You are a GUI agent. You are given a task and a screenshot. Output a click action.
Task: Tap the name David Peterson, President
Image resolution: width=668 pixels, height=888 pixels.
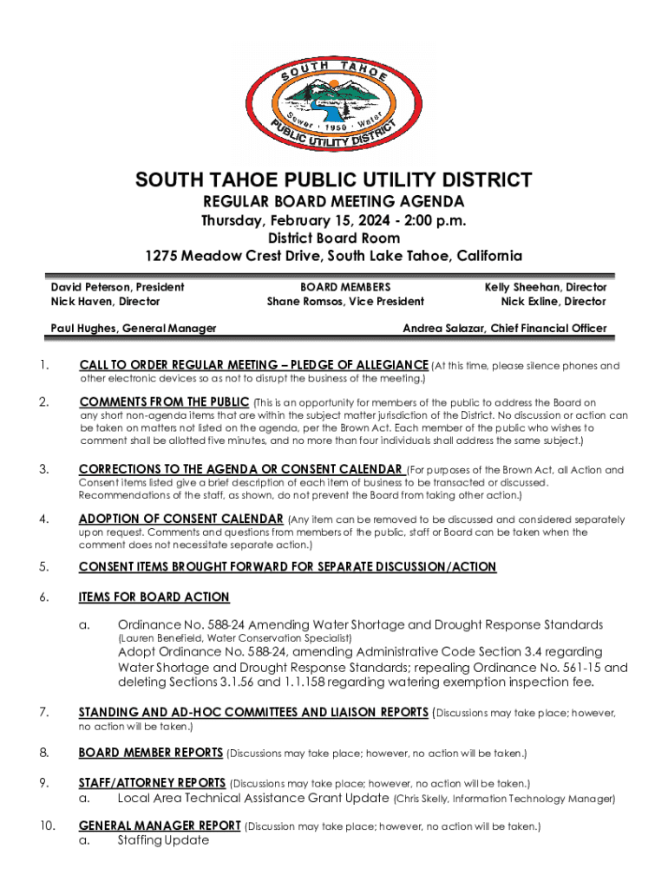(117, 287)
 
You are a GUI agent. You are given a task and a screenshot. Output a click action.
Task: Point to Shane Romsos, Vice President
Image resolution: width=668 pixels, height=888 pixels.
(345, 302)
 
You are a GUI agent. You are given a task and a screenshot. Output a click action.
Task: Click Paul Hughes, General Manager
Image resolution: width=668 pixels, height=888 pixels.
(133, 329)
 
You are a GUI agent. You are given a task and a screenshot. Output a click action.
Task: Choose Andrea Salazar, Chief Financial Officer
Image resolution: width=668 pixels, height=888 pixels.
(505, 329)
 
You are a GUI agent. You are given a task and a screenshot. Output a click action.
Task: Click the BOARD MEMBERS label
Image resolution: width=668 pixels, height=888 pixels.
(345, 287)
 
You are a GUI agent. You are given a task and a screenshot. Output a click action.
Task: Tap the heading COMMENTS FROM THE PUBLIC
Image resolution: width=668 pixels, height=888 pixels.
(163, 402)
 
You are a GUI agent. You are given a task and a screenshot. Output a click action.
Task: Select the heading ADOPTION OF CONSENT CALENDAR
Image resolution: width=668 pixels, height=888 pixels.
(181, 519)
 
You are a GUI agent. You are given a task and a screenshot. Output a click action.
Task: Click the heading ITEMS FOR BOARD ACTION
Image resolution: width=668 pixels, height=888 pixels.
(154, 597)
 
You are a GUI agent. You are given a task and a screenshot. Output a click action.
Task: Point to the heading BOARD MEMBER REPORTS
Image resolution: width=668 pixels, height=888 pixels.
(151, 752)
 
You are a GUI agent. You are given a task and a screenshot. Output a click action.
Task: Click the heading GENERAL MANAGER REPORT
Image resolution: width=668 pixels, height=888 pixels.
(160, 826)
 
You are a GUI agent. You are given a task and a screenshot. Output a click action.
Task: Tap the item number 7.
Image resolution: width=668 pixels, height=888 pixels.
(43, 713)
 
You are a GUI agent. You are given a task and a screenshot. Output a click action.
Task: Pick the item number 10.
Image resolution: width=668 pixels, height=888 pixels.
(47, 826)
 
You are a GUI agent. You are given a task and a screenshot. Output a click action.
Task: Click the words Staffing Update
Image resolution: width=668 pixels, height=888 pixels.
(163, 840)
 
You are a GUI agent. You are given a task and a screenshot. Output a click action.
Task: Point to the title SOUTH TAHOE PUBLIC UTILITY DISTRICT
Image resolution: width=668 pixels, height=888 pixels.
(333, 180)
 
